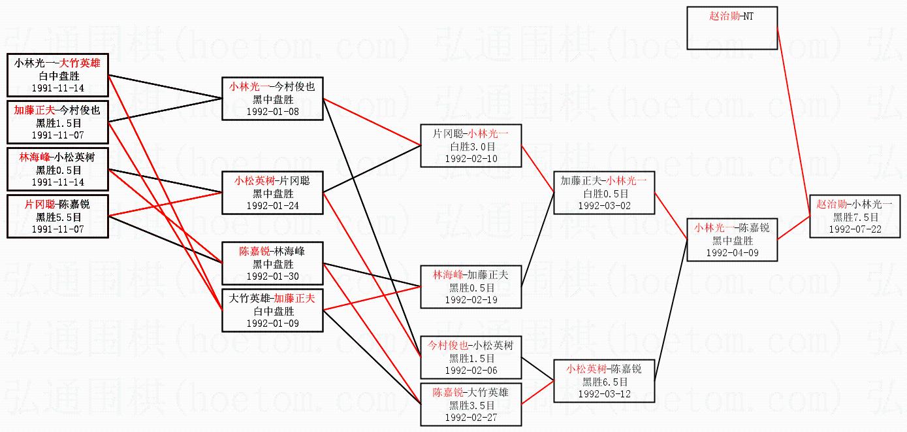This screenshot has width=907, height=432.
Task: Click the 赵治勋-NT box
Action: pyautogui.click(x=732, y=27)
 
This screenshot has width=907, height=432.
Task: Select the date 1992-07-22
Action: pyautogui.click(x=855, y=229)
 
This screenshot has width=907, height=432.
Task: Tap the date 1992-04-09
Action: pyautogui.click(x=732, y=252)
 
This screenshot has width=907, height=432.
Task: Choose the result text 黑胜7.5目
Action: pyautogui.click(x=855, y=217)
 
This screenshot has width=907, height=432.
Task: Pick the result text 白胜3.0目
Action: pyautogui.click(x=471, y=146)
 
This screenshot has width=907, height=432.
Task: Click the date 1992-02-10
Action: pyautogui.click(x=471, y=158)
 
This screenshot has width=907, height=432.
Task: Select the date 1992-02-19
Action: pyautogui.click(x=471, y=299)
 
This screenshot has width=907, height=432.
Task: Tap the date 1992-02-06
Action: pyautogui.click(x=471, y=370)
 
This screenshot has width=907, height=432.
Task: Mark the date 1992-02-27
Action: pyautogui.click(x=471, y=417)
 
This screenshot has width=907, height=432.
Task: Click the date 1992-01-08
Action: pyautogui.click(x=272, y=112)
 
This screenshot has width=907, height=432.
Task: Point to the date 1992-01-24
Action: pyautogui.click(x=272, y=205)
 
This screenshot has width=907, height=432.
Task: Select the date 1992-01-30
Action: pyautogui.click(x=272, y=276)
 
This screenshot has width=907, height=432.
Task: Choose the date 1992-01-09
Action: pyautogui.click(x=272, y=323)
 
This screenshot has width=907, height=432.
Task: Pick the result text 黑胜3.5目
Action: pyautogui.click(x=471, y=405)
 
